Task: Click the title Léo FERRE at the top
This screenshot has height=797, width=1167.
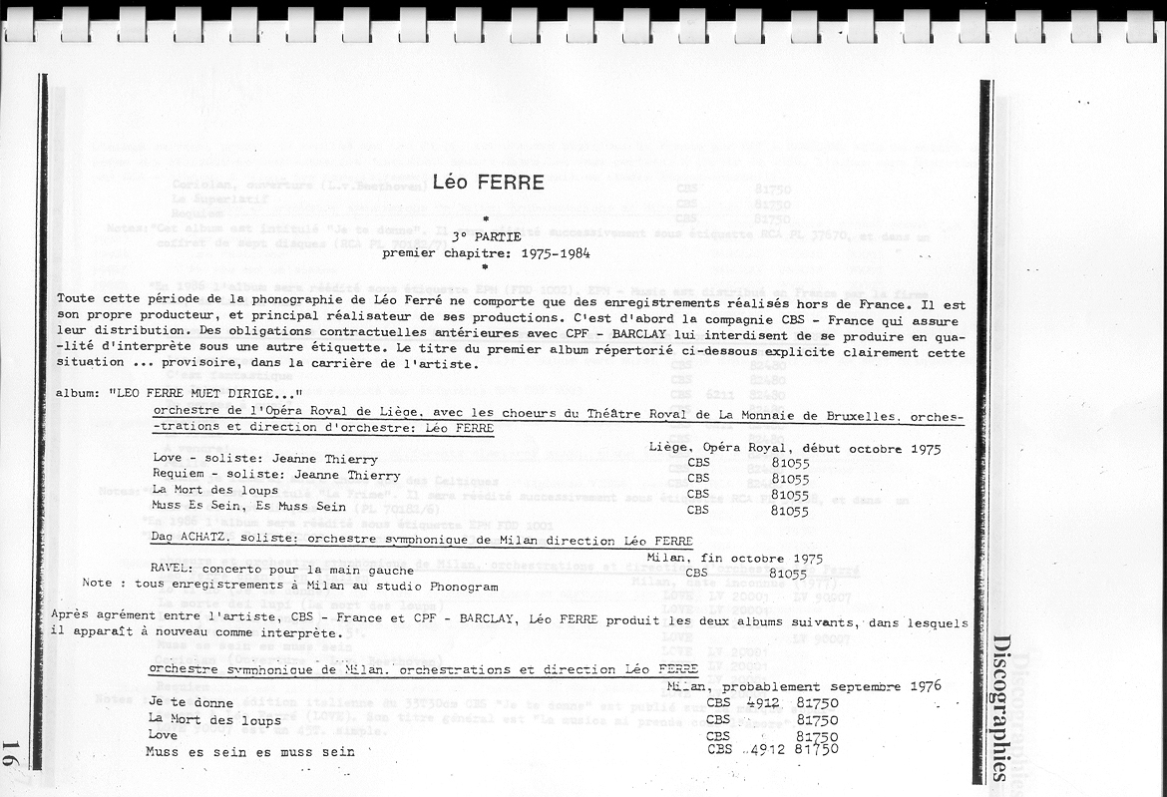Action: pos(488,183)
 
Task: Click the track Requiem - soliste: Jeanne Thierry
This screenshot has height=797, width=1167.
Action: pos(260,475)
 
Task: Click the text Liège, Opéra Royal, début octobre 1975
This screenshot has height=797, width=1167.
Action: pos(794,448)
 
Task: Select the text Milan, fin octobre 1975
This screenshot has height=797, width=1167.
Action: pos(735,558)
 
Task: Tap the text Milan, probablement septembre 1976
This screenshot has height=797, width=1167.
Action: pos(803,686)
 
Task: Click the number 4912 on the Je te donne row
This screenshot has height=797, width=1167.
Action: pos(762,702)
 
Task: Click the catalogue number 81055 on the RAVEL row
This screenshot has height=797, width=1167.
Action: pos(788,574)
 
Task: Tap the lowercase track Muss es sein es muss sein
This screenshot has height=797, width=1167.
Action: pos(249,751)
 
